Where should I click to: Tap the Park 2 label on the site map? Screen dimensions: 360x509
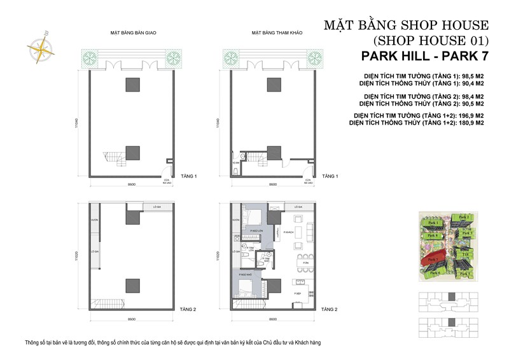click(464, 217)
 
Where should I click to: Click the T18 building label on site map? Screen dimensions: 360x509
click(466, 254)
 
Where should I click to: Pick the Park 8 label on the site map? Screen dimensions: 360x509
click(432, 235)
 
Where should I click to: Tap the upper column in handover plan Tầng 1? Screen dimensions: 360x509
click(132, 85)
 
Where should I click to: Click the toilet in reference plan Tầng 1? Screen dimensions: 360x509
click(236, 170)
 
